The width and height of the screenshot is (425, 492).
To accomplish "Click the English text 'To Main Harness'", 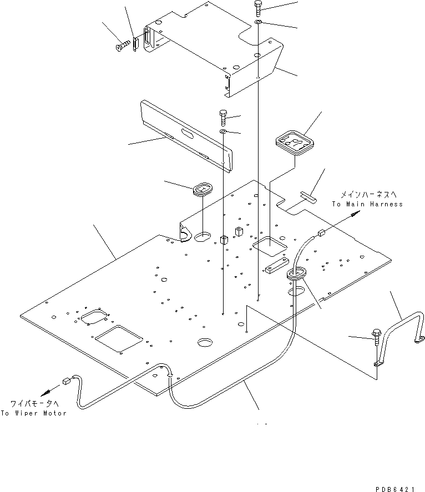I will [367, 204].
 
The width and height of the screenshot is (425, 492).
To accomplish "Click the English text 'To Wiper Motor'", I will [33, 413].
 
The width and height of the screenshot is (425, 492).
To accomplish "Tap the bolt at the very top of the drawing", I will [259, 8].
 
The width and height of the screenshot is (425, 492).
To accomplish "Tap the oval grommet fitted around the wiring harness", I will [297, 273].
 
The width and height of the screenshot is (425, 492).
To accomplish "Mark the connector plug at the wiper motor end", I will [67, 381].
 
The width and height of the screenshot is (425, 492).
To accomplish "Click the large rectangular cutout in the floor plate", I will [118, 338].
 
